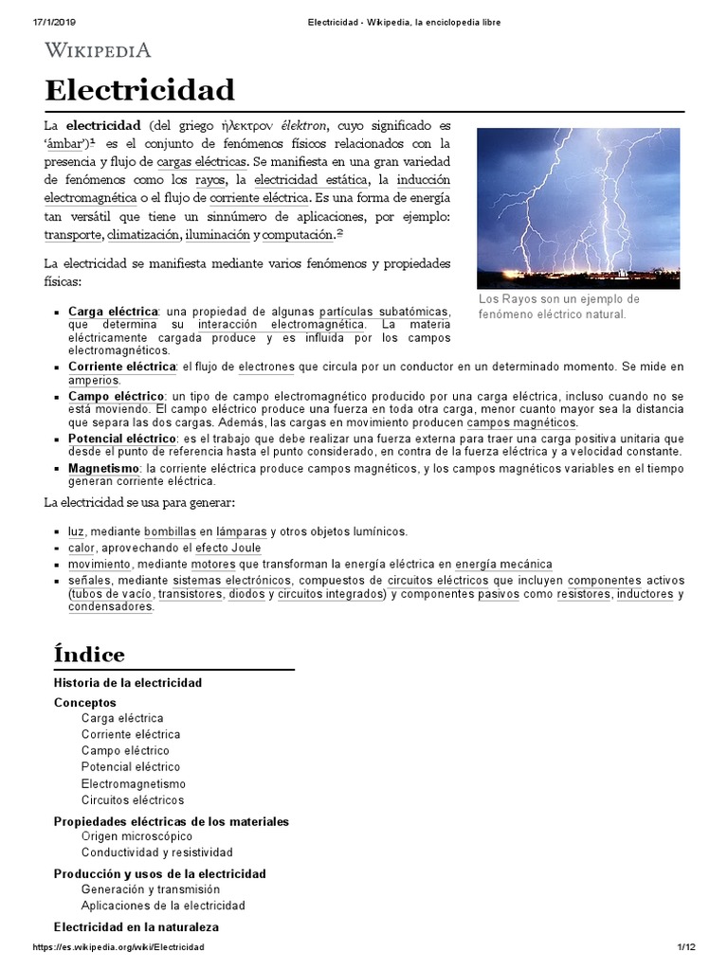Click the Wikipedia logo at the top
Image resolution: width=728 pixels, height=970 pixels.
click(x=98, y=50)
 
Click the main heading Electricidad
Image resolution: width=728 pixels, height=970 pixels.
click(x=139, y=91)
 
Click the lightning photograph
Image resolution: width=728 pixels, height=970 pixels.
click(x=577, y=208)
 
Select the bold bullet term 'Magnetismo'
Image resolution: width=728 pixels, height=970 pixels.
click(x=103, y=469)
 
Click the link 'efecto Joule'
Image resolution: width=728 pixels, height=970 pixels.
click(x=227, y=548)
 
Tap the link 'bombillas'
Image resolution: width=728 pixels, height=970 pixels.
click(x=170, y=532)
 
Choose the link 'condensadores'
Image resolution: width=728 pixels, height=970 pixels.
click(x=110, y=607)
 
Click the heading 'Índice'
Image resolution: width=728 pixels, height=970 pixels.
click(x=89, y=655)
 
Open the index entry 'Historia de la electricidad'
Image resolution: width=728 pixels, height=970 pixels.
click(x=127, y=683)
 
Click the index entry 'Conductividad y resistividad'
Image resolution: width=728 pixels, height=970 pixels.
click(x=156, y=853)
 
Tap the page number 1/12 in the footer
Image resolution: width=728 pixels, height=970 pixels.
click(x=686, y=947)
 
